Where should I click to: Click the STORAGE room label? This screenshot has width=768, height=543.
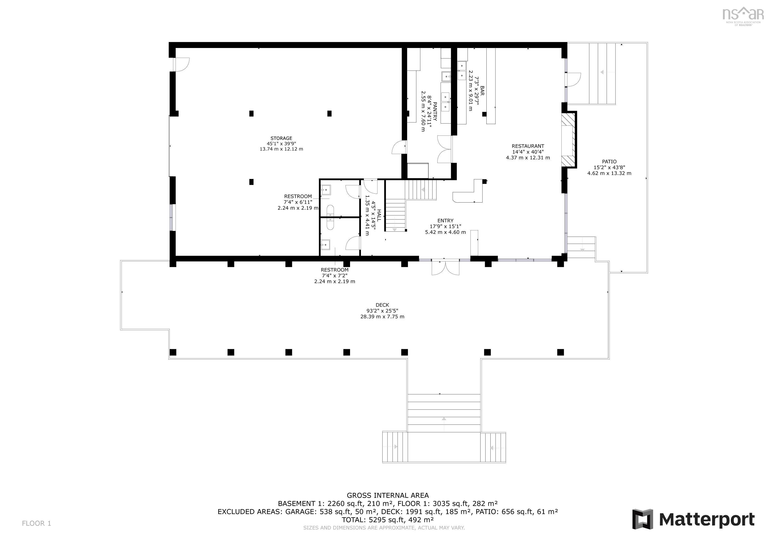coord(281,138)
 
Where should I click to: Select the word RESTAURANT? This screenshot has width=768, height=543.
coord(527,146)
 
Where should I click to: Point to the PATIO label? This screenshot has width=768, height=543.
coord(609,162)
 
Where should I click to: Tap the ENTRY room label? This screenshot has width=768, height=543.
coord(445,221)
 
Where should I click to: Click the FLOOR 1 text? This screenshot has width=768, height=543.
coord(36,523)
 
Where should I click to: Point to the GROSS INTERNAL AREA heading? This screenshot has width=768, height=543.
coord(387,496)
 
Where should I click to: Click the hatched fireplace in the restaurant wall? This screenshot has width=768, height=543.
coord(569,140)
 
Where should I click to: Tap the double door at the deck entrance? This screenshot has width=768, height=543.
coord(445,267)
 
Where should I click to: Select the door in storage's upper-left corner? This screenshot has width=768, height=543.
coord(183,64)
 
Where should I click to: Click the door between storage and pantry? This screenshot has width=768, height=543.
coord(399,147)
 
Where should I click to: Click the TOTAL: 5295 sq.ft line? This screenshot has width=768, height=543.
coord(387,520)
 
